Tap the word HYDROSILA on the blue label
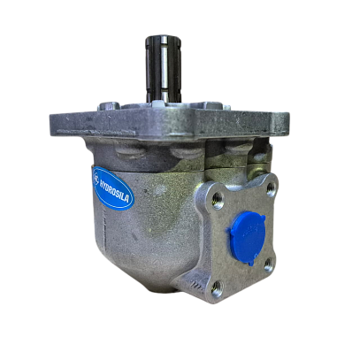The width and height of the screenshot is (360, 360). point(115,190)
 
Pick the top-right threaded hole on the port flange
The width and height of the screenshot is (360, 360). point(271,189)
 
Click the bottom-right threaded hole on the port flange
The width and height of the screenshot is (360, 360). point(269,265)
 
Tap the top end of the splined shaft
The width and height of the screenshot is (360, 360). point(163,39)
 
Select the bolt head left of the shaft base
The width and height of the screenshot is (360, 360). point(109,105)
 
